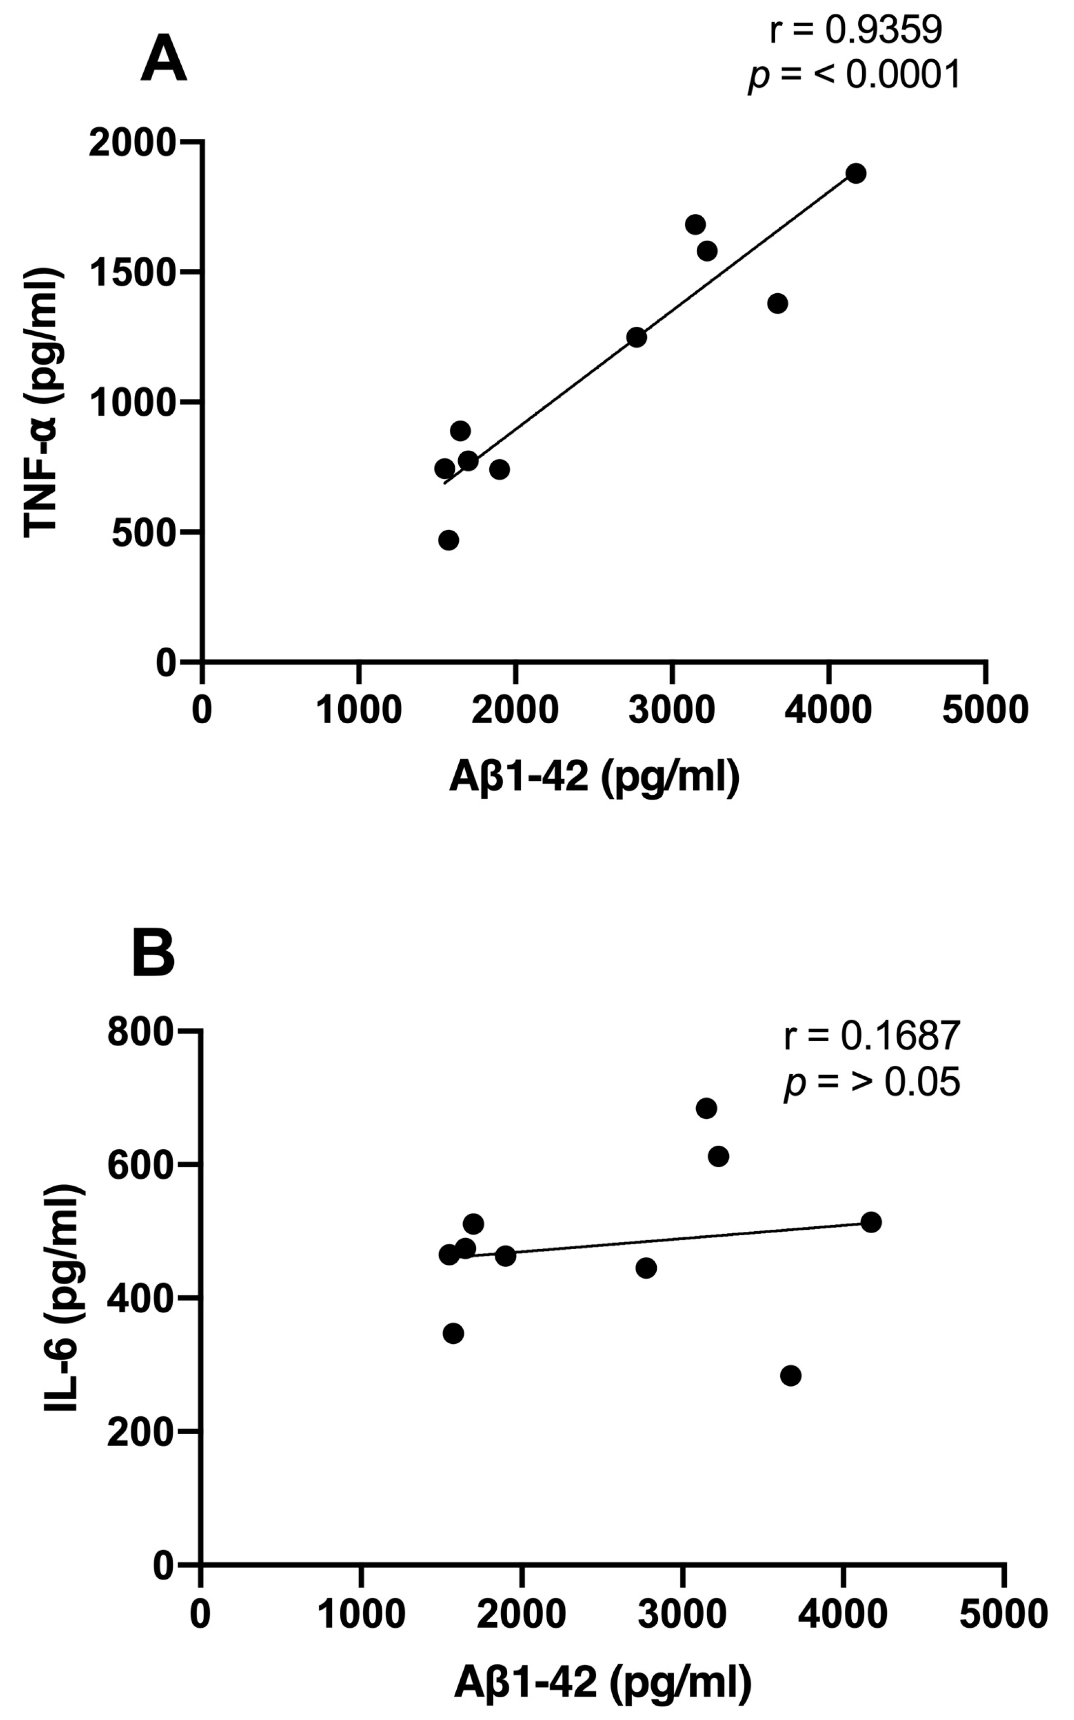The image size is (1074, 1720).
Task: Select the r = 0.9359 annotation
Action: (856, 30)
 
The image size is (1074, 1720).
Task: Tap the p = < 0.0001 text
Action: (855, 75)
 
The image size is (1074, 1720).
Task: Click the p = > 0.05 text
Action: (872, 1082)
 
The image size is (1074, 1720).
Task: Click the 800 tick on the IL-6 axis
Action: (141, 1031)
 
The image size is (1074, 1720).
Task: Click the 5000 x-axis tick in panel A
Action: (985, 710)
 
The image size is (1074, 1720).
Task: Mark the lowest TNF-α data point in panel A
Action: (448, 540)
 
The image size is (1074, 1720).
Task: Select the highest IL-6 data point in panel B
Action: (706, 1108)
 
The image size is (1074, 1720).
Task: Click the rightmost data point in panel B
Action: (871, 1222)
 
